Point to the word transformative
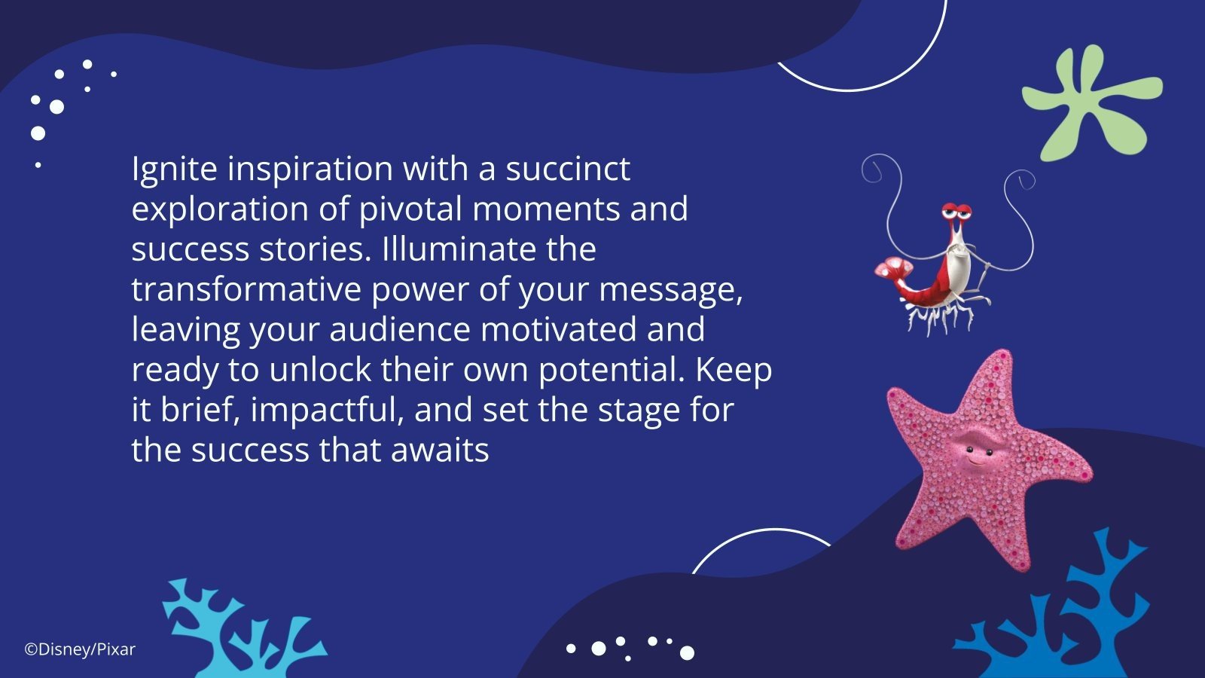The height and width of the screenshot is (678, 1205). tap(246, 290)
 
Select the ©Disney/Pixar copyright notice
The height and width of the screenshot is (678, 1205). tap(80, 649)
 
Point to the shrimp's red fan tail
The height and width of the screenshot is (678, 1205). tap(893, 269)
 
